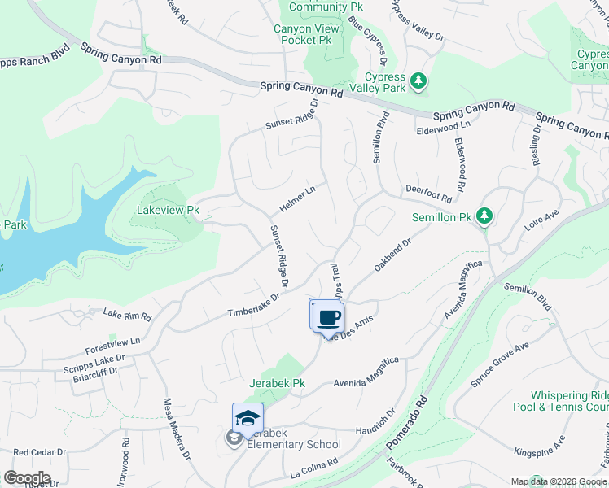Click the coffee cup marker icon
coord(328,318)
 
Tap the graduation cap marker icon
coord(248,419)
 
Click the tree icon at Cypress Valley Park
coord(418,80)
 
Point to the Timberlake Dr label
coord(253,305)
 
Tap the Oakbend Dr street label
coord(394,255)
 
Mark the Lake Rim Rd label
coord(127,315)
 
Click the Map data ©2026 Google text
coord(558,481)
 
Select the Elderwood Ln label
coord(443,128)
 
